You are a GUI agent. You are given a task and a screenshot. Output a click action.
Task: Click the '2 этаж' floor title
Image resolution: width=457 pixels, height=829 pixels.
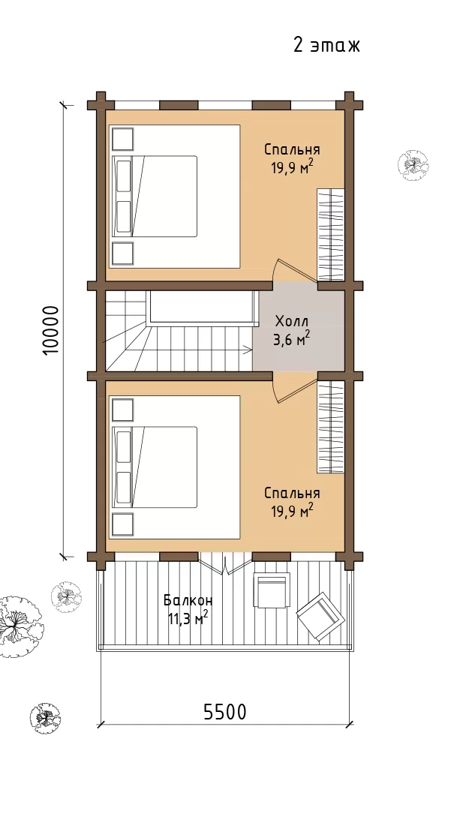[x=326, y=46]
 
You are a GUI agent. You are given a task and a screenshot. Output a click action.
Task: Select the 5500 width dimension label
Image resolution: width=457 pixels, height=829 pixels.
[x=225, y=712]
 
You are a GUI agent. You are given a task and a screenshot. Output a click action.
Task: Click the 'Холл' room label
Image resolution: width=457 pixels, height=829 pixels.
[x=291, y=321]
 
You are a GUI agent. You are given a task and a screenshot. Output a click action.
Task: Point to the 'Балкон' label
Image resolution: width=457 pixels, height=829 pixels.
[x=188, y=601]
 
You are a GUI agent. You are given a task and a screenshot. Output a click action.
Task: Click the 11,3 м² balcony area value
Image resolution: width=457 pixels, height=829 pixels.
[x=188, y=618]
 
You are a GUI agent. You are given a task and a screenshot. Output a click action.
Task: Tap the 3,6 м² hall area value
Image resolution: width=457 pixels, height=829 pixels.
[x=291, y=339]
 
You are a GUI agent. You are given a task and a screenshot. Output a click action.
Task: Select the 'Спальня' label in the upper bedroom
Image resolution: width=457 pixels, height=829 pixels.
[x=292, y=149]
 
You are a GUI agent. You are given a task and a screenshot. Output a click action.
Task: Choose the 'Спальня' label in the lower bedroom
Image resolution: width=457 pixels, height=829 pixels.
[x=292, y=494]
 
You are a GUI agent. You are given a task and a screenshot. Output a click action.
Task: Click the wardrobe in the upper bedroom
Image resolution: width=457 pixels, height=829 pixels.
[x=331, y=235]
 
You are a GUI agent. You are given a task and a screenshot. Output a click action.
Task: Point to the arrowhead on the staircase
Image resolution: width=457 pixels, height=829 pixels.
[x=248, y=348]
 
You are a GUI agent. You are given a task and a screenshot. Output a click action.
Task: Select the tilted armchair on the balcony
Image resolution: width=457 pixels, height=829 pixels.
[x=319, y=617]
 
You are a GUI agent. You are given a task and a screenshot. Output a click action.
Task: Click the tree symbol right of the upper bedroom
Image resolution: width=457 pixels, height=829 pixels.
[x=413, y=165]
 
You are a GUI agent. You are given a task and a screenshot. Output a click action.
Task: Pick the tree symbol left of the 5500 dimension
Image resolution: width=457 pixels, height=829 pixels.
[x=46, y=717]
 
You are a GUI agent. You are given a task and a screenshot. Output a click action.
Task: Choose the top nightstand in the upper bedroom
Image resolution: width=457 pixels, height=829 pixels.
[x=122, y=140]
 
